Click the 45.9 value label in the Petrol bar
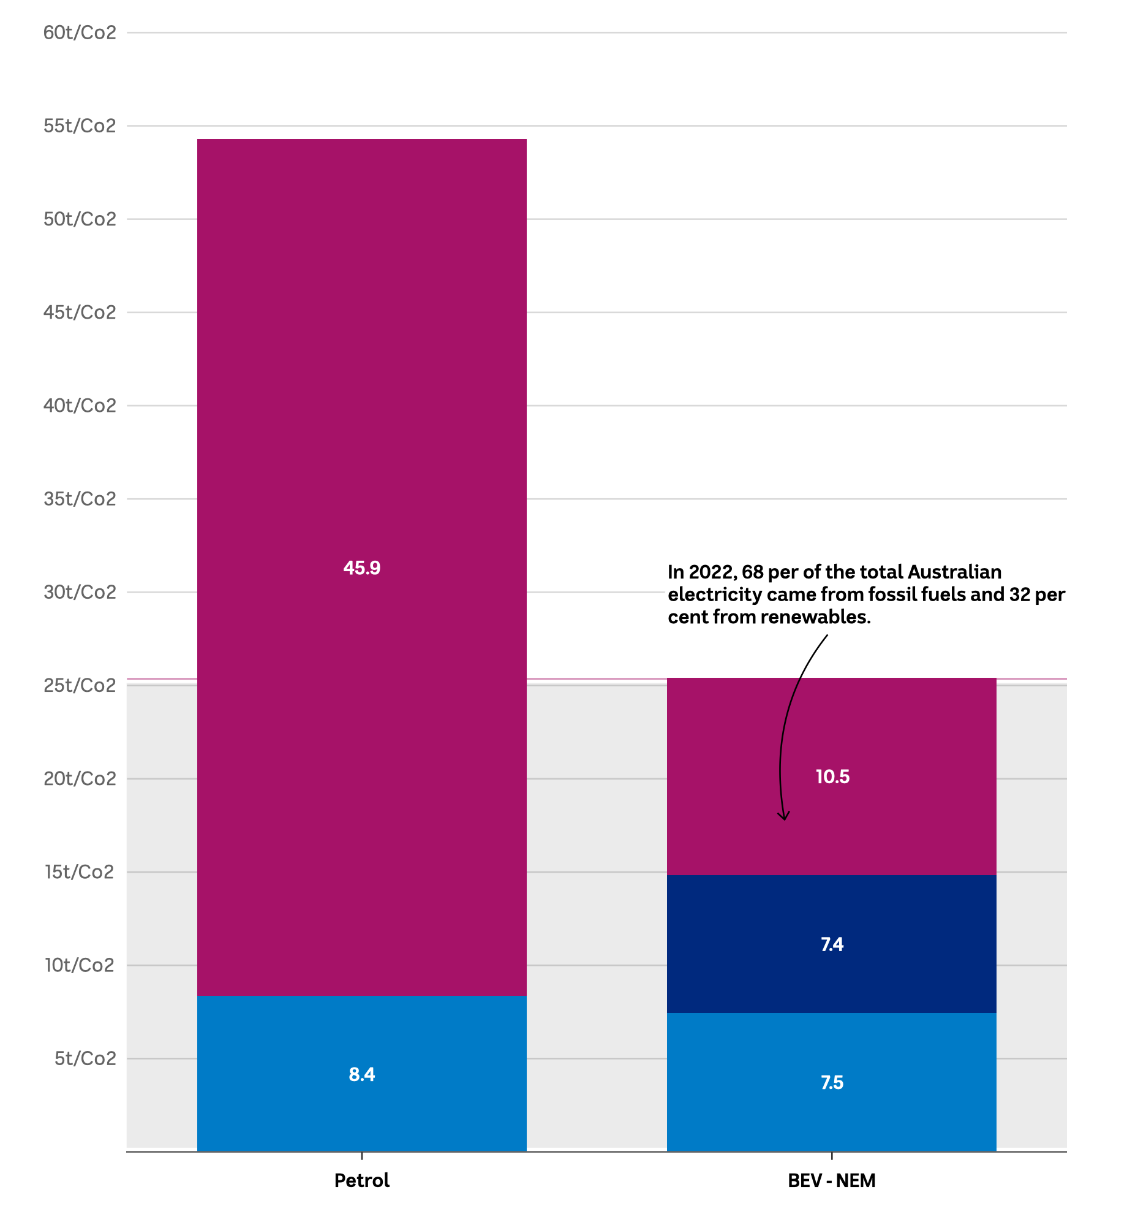click(x=361, y=568)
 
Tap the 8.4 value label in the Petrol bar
click(x=361, y=1074)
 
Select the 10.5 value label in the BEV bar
click(x=832, y=776)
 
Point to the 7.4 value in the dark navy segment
click(x=832, y=944)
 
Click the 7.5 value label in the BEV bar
click(x=832, y=1083)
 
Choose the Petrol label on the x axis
click(x=361, y=1180)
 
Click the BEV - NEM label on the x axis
click(x=831, y=1180)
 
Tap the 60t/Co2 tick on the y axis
click(x=80, y=32)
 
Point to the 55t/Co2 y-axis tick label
click(x=80, y=126)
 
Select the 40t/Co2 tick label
click(x=80, y=406)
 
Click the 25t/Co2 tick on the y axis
click(x=80, y=685)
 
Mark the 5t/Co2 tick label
click(x=85, y=1058)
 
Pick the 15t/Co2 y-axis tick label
click(x=80, y=871)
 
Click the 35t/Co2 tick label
click(x=80, y=499)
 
